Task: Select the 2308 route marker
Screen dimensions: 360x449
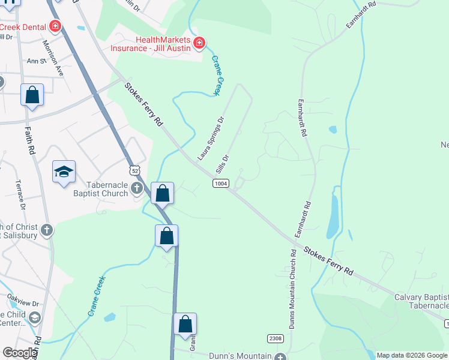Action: pyautogui.click(x=276, y=339)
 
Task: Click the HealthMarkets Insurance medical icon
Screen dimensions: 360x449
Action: pyautogui.click(x=199, y=43)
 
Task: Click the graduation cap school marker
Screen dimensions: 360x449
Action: pyautogui.click(x=64, y=172)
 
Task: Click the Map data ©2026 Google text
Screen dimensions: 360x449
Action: pyautogui.click(x=411, y=355)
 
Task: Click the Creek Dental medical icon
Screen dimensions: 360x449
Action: pyautogui.click(x=55, y=26)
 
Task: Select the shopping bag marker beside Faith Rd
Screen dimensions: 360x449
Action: pyautogui.click(x=32, y=95)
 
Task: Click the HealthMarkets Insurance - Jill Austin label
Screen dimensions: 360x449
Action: pyautogui.click(x=151, y=43)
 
